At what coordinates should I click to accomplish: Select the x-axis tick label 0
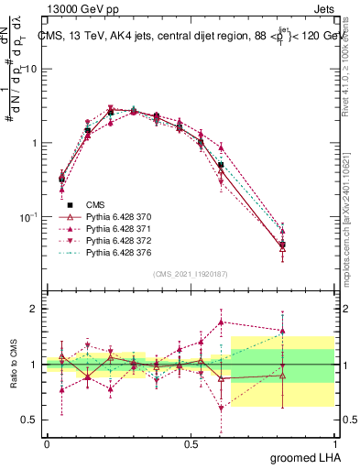[x=47, y=442]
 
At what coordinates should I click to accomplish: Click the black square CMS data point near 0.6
[x=221, y=165]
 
